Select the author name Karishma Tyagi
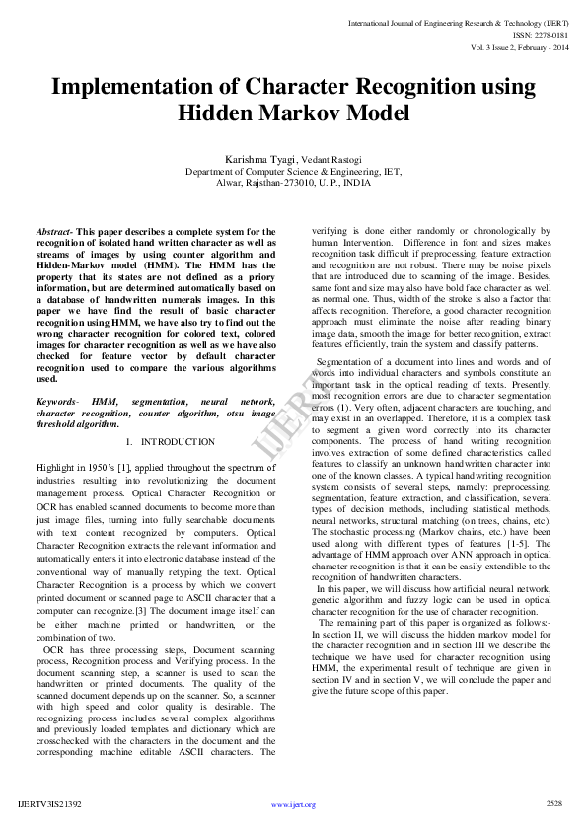(260, 158)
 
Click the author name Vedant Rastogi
(330, 159)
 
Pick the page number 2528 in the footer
(553, 804)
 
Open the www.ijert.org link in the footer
(293, 805)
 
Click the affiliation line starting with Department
(293, 171)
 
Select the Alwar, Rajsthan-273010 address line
(293, 183)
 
